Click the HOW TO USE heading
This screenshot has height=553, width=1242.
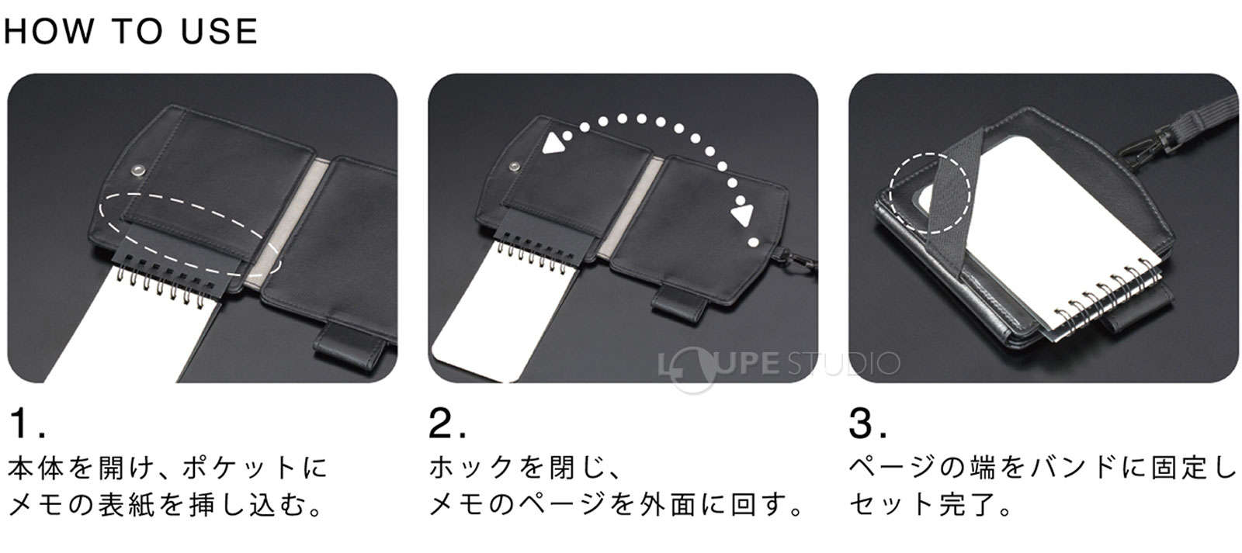click(x=130, y=30)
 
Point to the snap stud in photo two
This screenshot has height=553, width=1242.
click(x=515, y=164)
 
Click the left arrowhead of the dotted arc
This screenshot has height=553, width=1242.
click(x=553, y=143)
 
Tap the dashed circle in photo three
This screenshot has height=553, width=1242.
click(x=929, y=192)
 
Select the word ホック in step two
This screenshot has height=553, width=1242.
click(x=472, y=468)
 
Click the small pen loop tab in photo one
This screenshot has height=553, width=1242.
click(x=339, y=338)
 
